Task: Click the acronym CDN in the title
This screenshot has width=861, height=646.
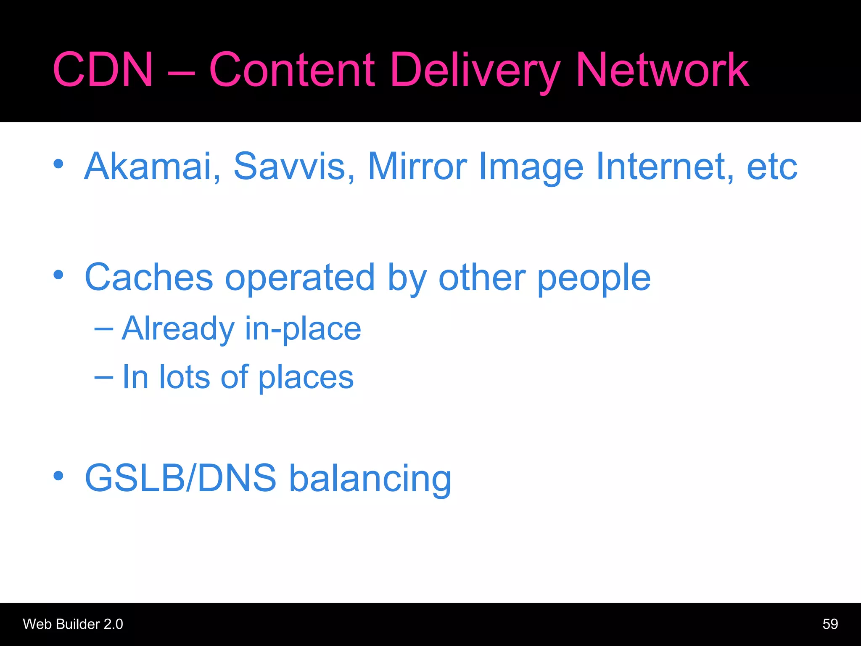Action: click(x=103, y=70)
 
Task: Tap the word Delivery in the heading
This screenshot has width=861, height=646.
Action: click(x=475, y=71)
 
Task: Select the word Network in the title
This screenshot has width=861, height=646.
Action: click(x=662, y=70)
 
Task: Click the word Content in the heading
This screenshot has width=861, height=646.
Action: click(x=292, y=70)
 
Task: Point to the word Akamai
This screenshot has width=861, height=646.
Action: click(x=152, y=167)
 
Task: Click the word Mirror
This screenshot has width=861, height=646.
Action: click(x=417, y=167)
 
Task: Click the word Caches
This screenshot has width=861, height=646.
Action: click(x=149, y=278)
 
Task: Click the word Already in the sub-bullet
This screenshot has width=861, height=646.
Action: click(x=178, y=329)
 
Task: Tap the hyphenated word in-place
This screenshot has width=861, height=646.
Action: click(x=303, y=329)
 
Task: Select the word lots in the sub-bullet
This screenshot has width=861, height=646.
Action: click(x=184, y=377)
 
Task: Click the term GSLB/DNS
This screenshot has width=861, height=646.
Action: click(x=180, y=478)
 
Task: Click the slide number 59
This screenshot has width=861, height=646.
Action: click(x=830, y=624)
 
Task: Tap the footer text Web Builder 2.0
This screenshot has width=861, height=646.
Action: click(x=73, y=624)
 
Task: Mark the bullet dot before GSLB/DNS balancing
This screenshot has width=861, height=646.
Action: click(x=58, y=476)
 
